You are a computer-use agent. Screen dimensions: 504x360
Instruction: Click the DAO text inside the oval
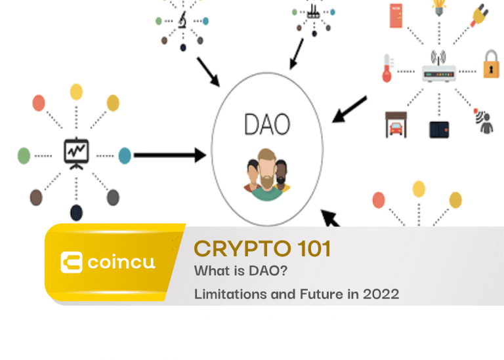pyautogui.click(x=267, y=125)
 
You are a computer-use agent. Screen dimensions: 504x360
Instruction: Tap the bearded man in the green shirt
pyautogui.click(x=267, y=175)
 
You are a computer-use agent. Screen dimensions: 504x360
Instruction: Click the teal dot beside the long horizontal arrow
pyautogui.click(x=125, y=156)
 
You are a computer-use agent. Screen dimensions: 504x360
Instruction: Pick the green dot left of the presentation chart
pyautogui.click(x=24, y=156)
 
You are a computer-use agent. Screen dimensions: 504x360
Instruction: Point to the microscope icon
pyautogui.click(x=183, y=20)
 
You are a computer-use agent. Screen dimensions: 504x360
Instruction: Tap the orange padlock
pyautogui.click(x=491, y=64)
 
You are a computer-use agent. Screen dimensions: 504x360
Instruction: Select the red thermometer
pyautogui.click(x=388, y=68)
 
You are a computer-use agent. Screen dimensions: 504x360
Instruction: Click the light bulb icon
pyautogui.click(x=439, y=7)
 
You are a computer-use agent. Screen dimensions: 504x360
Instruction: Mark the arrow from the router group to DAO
pyautogui.click(x=349, y=110)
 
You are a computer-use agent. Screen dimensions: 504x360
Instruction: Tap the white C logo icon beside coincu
pyautogui.click(x=72, y=262)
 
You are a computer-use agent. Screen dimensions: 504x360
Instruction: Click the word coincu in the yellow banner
pyautogui.click(x=121, y=263)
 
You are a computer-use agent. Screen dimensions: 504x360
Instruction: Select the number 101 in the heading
pyautogui.click(x=314, y=249)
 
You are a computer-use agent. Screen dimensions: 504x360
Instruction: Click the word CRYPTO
pyautogui.click(x=243, y=249)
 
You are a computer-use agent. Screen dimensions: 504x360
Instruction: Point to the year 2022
pyautogui.click(x=381, y=294)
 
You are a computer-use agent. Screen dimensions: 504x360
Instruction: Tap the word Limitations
pyautogui.click(x=230, y=294)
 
